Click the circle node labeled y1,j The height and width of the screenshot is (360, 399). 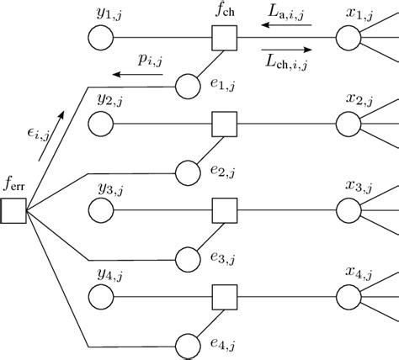(x=100, y=38)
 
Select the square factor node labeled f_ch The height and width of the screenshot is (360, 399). (x=224, y=38)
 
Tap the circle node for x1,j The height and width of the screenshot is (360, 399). (x=348, y=38)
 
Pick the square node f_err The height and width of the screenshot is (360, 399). (x=13, y=210)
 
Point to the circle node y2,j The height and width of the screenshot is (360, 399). (x=100, y=124)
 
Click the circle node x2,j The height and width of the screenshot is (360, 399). (x=348, y=124)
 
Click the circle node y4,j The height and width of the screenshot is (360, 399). (x=100, y=296)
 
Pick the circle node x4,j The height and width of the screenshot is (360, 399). (x=348, y=296)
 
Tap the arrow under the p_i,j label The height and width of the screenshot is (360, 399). (x=139, y=74)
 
